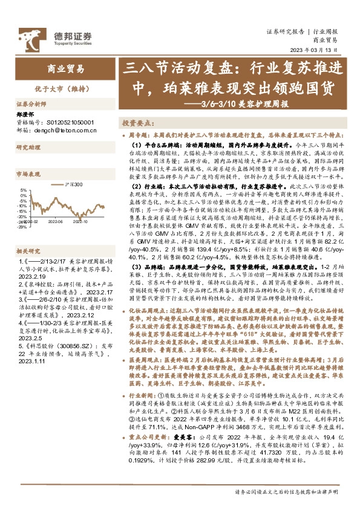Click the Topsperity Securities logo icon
click(28, 36)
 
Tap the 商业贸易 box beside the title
click(66, 69)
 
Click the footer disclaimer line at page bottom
click(287, 491)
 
